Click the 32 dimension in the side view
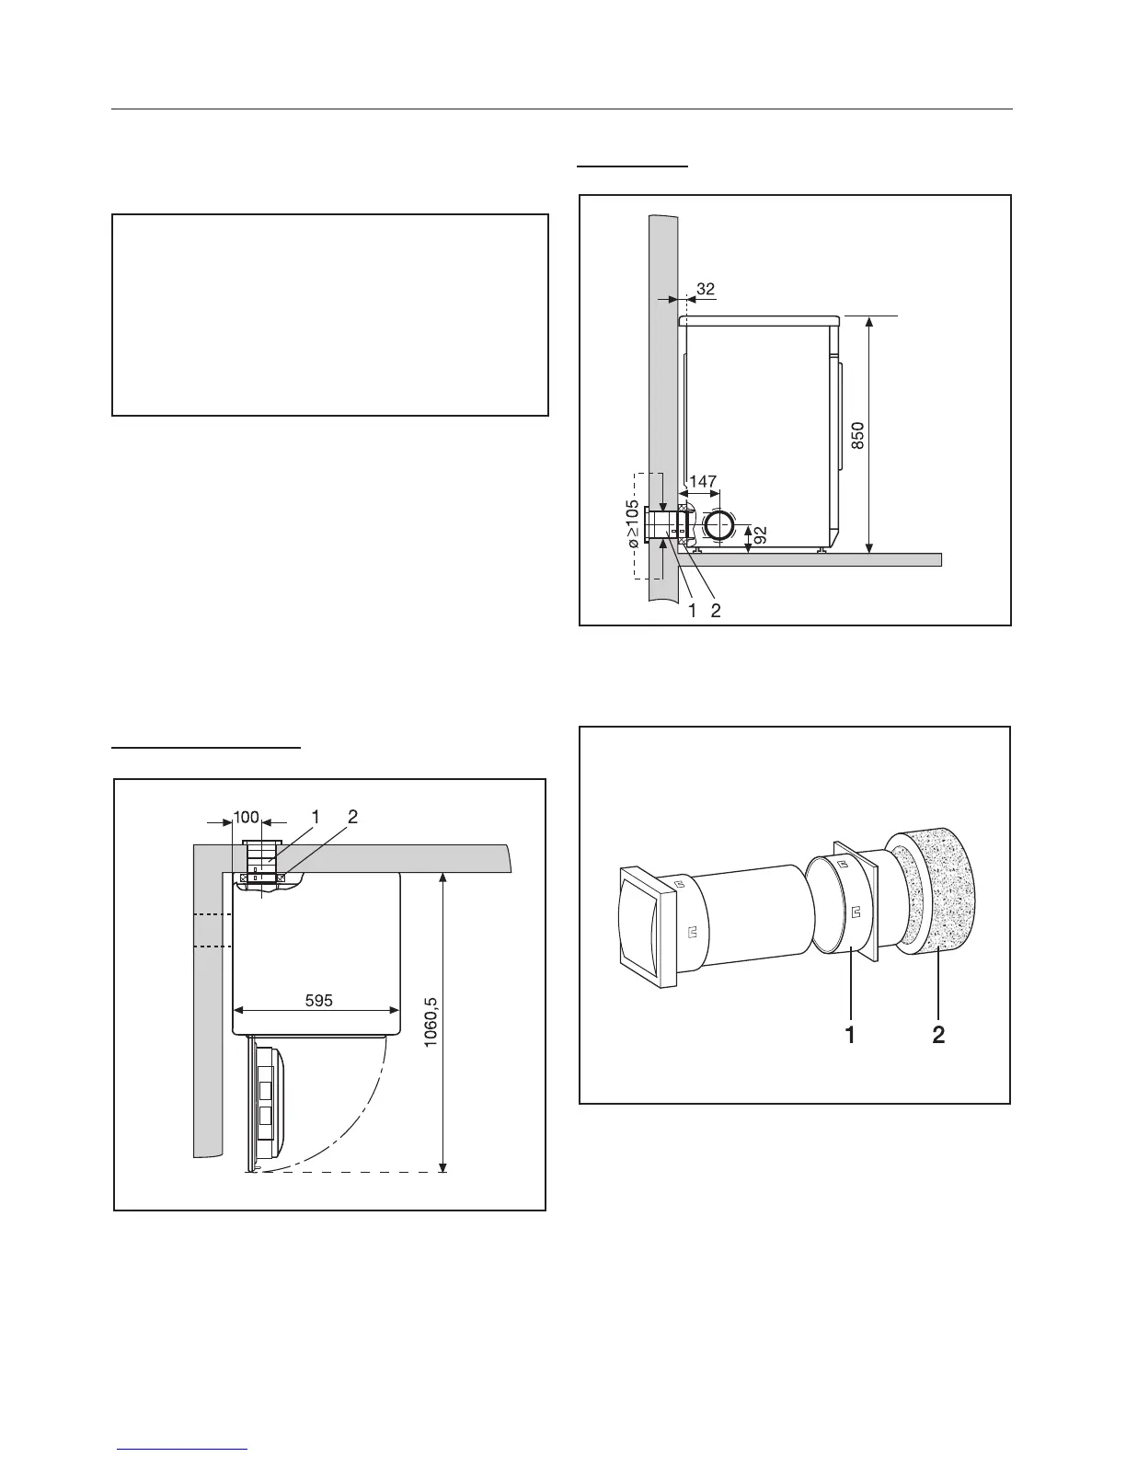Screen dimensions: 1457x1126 coord(706,289)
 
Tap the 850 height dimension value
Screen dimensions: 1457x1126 coord(857,434)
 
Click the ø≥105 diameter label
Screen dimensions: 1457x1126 coord(633,525)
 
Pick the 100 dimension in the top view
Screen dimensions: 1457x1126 coord(246,817)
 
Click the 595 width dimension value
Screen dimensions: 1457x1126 coord(318,1000)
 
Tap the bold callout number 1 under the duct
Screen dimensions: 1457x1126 coord(850,1035)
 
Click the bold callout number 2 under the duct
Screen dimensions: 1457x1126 coord(937,1035)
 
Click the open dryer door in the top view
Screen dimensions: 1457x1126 coord(272,1099)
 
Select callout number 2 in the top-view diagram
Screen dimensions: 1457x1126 coord(351,817)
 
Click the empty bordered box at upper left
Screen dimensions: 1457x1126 coord(330,315)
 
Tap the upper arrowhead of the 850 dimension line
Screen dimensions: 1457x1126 coord(869,320)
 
